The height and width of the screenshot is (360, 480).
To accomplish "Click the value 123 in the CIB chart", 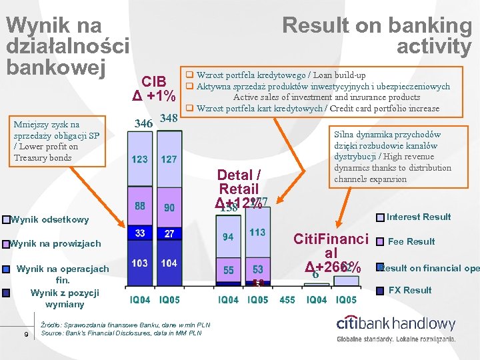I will tap(139, 160).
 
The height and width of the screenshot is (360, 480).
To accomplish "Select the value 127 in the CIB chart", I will tap(169, 160).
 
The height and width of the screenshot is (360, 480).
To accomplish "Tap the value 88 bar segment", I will tap(140, 207).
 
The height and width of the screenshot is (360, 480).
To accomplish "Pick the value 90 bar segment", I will tap(169, 207).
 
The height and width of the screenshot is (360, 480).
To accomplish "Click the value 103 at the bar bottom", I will tap(139, 263).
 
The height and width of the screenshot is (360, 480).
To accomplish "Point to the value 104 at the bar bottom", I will tap(169, 263).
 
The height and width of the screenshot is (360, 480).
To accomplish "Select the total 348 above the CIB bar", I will tap(169, 119).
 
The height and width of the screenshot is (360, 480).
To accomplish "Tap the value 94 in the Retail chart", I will tap(228, 237).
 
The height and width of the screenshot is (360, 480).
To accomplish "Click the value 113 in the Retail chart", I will tap(257, 233).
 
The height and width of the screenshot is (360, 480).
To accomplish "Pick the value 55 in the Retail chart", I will tap(228, 270).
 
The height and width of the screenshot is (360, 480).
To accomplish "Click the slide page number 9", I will tap(25, 334).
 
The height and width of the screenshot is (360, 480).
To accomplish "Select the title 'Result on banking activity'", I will tap(377, 36).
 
